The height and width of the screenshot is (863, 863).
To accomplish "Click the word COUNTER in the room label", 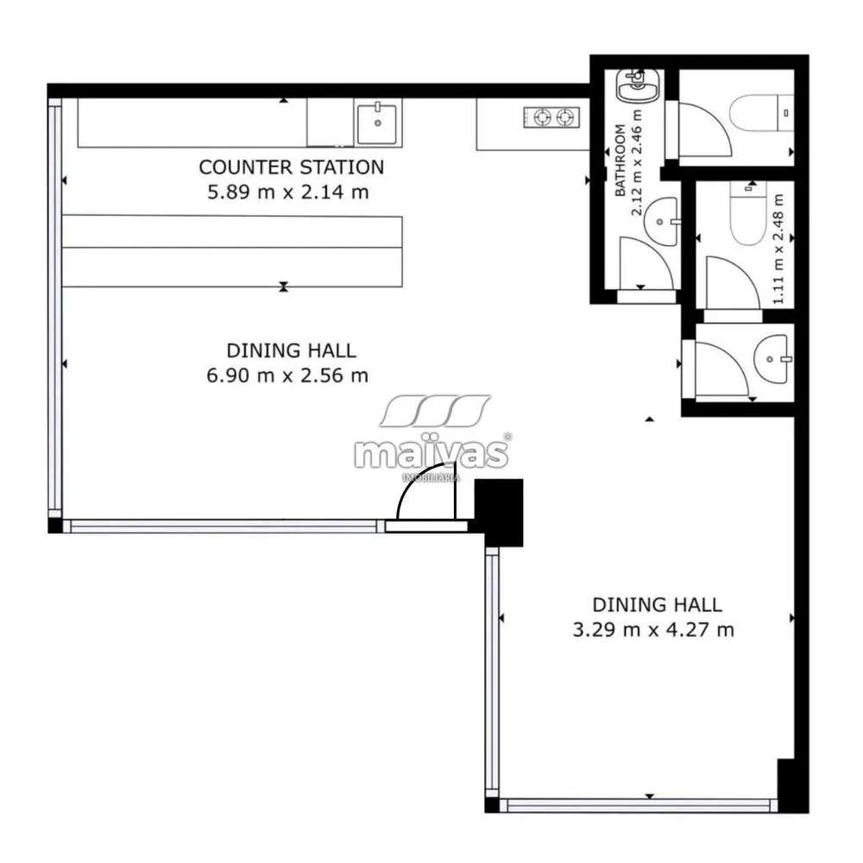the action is click(x=245, y=167).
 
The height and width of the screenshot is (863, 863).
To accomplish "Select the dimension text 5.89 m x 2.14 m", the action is click(x=288, y=192).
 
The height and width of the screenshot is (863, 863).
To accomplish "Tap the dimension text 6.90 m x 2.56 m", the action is click(x=287, y=375).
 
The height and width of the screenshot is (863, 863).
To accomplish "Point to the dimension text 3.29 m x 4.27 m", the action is click(x=653, y=630).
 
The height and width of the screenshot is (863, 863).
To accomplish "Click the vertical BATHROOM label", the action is click(x=620, y=161).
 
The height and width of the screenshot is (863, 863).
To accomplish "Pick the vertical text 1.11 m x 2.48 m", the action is click(x=778, y=249).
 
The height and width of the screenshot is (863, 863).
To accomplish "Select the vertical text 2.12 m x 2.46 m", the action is click(x=637, y=163).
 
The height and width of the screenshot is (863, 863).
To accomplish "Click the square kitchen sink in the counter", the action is click(x=377, y=123).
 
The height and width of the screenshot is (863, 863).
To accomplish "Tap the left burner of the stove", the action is click(x=543, y=117).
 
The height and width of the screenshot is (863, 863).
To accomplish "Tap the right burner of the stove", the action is click(x=564, y=117).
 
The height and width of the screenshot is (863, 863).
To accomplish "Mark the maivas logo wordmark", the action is click(x=431, y=454).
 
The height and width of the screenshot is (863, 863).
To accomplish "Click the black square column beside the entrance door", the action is click(x=499, y=513).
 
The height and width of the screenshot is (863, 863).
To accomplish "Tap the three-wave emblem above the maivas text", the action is click(x=435, y=411).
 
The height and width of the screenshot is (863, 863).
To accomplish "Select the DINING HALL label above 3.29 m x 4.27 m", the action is click(x=657, y=605).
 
